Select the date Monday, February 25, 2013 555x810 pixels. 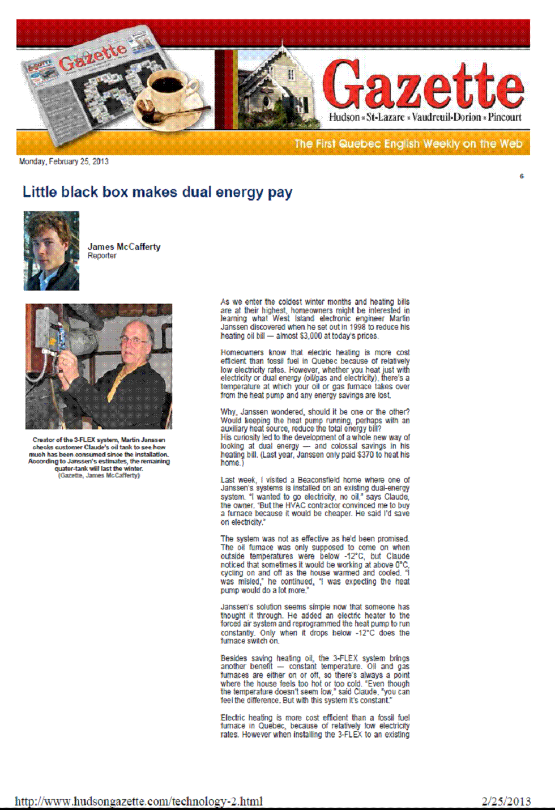(63, 161)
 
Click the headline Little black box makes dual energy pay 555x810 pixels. (157, 193)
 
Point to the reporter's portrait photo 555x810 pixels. (52, 251)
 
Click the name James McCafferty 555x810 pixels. (124, 247)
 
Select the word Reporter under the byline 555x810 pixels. (102, 256)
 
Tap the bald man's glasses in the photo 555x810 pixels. (135, 340)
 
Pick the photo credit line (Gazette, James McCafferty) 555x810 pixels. (99, 475)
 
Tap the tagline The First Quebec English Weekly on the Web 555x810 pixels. (408, 144)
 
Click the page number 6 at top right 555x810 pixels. (522, 176)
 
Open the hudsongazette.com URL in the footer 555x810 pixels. (139, 801)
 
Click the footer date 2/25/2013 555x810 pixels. (506, 801)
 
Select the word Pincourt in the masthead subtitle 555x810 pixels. (505, 117)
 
